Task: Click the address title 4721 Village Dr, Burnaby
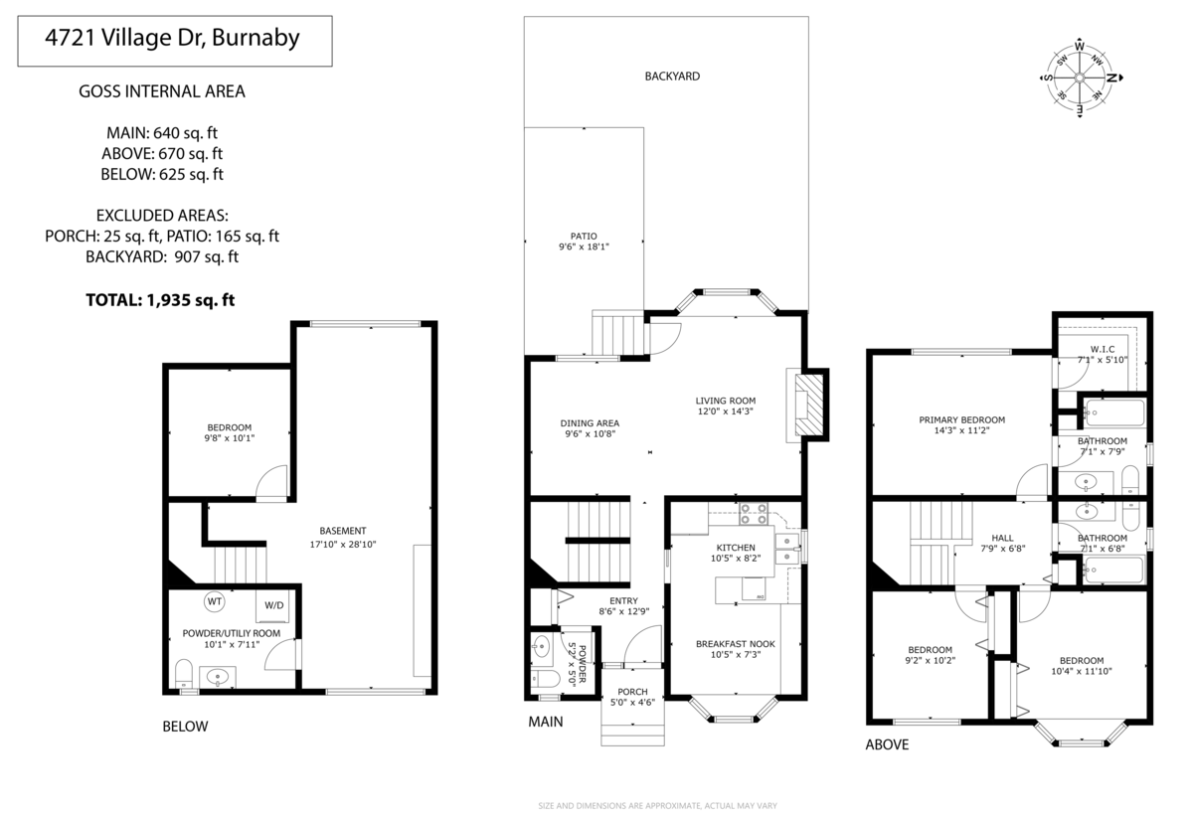click(x=174, y=41)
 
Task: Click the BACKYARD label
click(x=672, y=76)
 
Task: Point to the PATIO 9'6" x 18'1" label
click(x=584, y=242)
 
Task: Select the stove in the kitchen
click(x=753, y=514)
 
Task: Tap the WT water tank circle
click(x=215, y=601)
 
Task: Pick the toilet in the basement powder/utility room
click(x=183, y=674)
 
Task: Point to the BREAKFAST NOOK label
click(x=735, y=649)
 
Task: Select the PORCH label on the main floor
click(x=632, y=698)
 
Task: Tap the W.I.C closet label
click(x=1102, y=354)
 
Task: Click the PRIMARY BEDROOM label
click(x=961, y=425)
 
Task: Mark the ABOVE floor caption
click(x=887, y=744)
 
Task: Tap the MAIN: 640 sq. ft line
click(x=162, y=132)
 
